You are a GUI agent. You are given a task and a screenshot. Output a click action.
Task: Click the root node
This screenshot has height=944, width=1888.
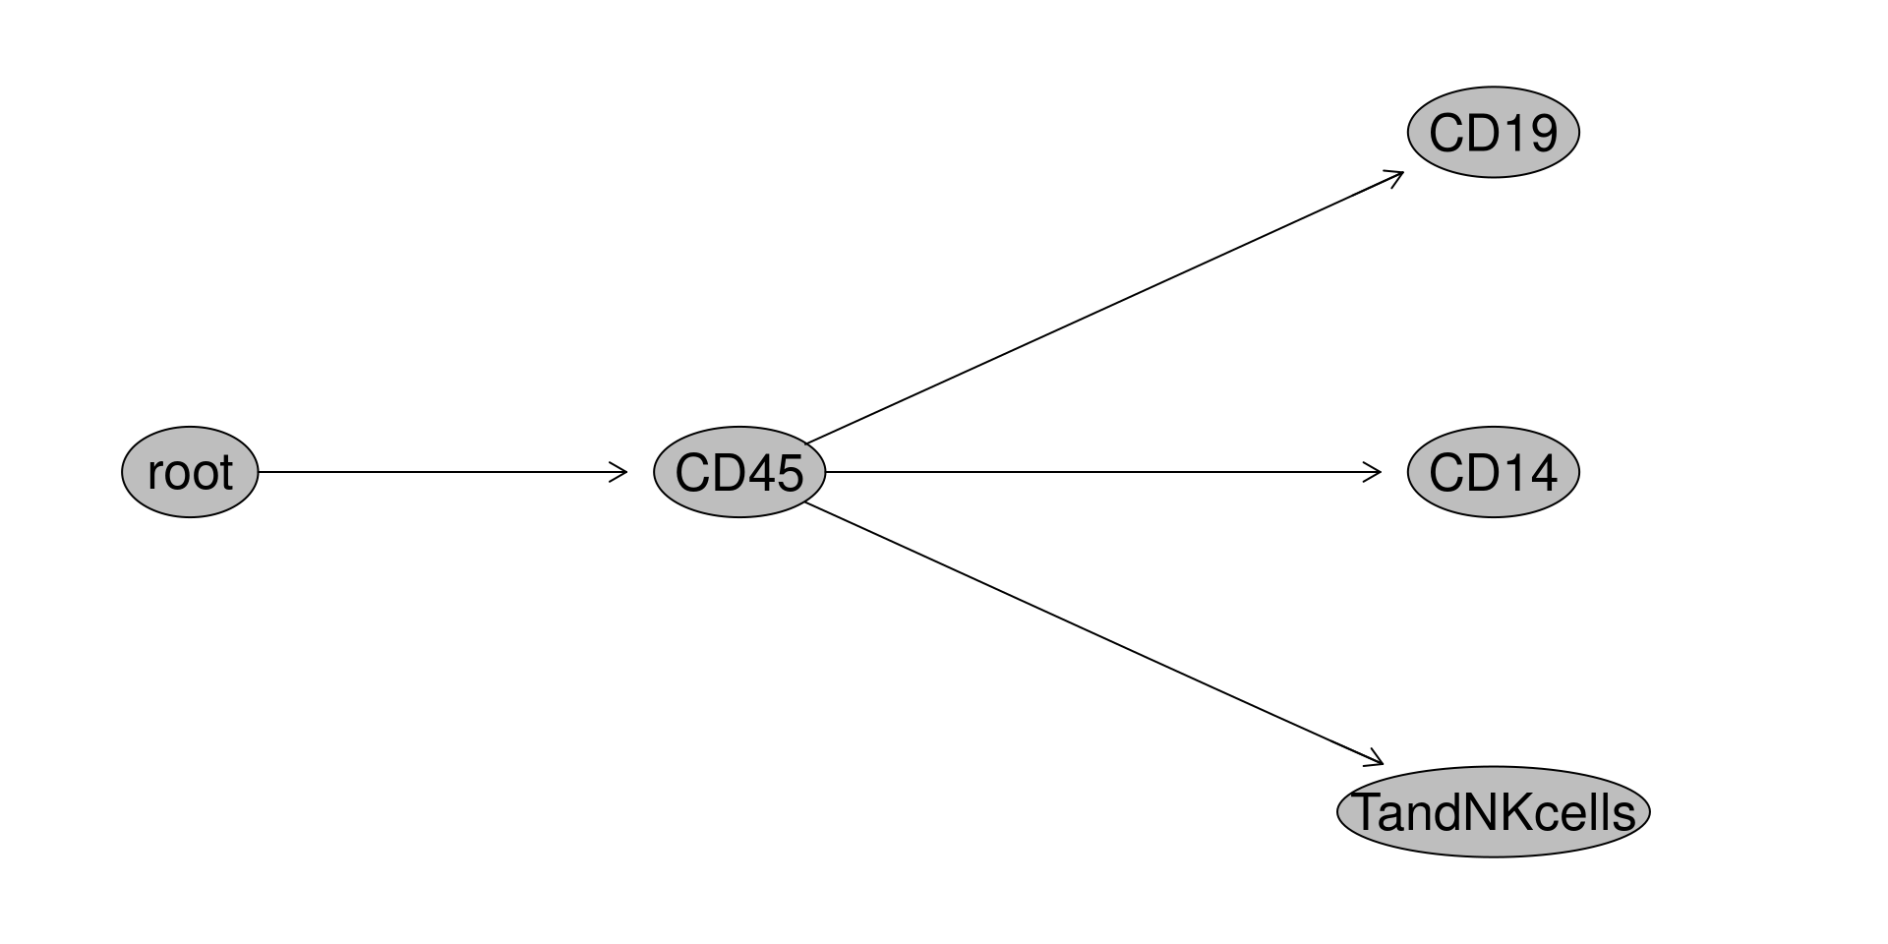coord(190,472)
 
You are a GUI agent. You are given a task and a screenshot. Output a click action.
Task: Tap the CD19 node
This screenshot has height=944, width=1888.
coord(1493,132)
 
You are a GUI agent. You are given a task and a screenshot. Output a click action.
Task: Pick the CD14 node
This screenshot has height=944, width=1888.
coord(1493,472)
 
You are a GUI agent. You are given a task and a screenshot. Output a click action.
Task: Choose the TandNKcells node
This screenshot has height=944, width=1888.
coord(1493,812)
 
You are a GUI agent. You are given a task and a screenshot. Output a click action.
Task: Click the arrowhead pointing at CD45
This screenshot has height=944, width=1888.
coord(619,472)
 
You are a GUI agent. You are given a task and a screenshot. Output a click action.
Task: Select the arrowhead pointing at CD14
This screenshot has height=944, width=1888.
coord(1374,472)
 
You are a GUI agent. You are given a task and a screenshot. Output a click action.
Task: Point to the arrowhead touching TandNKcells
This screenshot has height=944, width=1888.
coord(1376,760)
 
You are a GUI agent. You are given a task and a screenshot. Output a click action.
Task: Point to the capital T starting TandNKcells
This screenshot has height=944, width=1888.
coord(1367,813)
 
